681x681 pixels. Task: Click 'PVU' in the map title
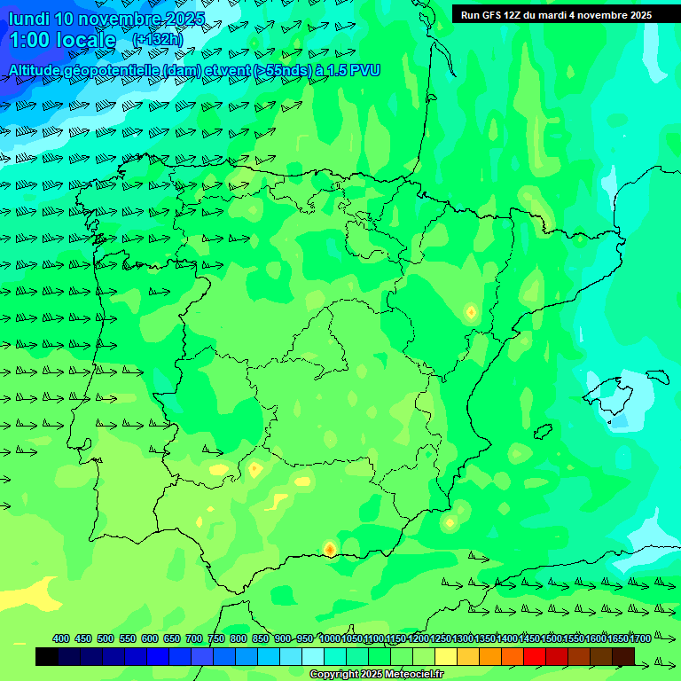click(365, 70)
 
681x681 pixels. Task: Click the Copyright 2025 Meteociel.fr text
click(376, 675)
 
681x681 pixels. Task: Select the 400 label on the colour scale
click(61, 638)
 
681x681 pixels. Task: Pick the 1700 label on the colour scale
click(641, 638)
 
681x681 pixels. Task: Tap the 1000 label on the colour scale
click(330, 638)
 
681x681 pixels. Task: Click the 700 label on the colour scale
click(194, 638)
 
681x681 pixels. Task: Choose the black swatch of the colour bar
click(47, 656)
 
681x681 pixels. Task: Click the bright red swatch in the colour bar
click(535, 656)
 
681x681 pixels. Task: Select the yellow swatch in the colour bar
click(446, 656)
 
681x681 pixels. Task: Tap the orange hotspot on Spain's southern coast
click(330, 550)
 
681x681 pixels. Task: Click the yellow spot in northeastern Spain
click(471, 311)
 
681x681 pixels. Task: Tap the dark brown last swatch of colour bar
click(623, 656)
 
